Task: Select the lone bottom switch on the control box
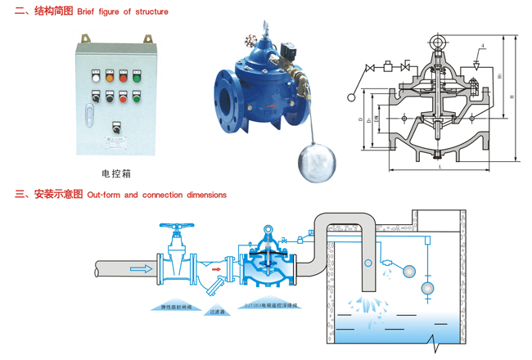pyautogui.click(x=115, y=128)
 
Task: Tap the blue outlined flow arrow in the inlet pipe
pyautogui.click(x=142, y=268)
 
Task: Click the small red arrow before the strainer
pyautogui.click(x=214, y=265)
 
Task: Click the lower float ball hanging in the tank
pyautogui.click(x=426, y=288)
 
